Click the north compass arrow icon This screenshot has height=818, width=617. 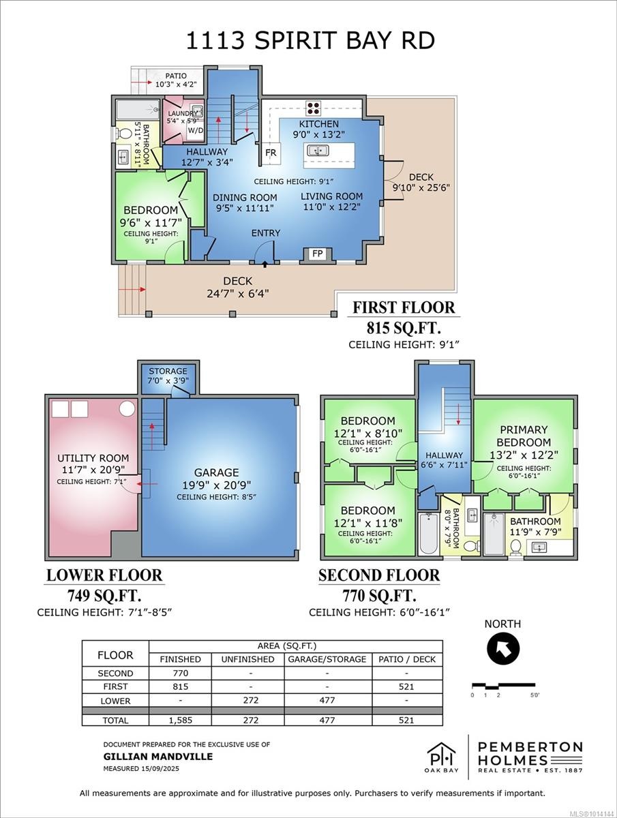coord(503,648)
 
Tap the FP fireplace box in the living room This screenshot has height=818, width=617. coord(317,254)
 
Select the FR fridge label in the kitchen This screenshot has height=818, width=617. coord(271,153)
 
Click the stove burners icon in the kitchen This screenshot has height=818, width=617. coord(313,108)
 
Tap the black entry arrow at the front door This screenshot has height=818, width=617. coord(265,262)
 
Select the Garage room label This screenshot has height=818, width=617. coord(216,472)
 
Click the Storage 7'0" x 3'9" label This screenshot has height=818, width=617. coord(168,376)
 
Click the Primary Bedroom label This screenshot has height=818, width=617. coord(524,436)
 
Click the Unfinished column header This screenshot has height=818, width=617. coord(247,659)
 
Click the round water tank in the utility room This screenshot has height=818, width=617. coord(127,409)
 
